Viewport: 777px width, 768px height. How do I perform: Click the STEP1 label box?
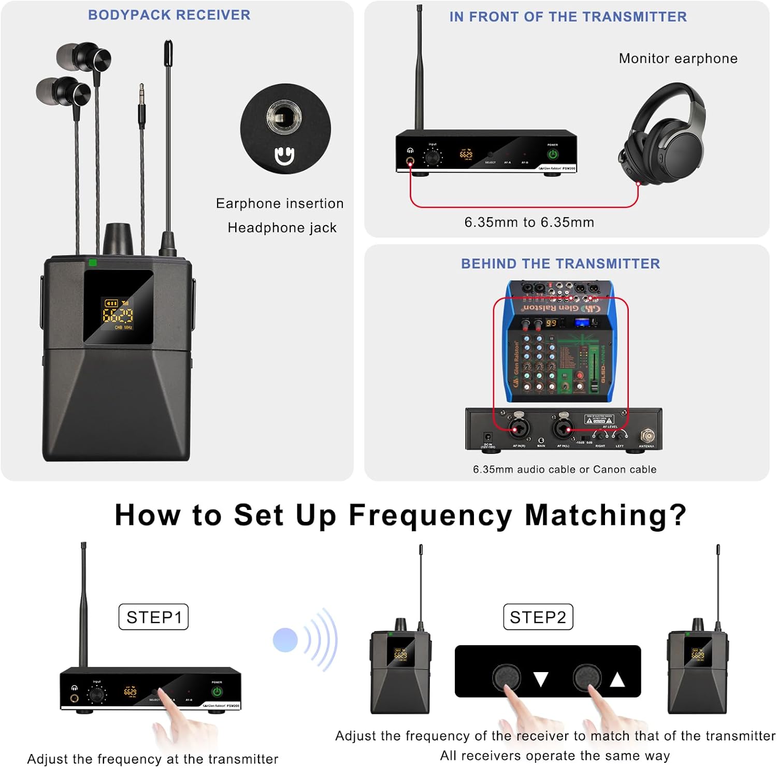point(153,617)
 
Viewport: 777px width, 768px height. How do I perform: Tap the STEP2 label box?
point(538,617)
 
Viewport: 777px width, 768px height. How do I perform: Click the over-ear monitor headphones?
point(663,135)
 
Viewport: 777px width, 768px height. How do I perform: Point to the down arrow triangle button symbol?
point(541,679)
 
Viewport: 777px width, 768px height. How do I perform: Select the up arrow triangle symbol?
point(617,679)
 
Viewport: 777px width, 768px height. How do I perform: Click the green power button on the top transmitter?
point(553,154)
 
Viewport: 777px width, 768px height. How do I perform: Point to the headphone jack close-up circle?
point(285,129)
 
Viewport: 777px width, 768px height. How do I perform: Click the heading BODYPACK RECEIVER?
point(169,15)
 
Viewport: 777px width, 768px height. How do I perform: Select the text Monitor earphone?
point(678,59)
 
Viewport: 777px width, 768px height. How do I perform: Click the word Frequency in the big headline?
point(430,515)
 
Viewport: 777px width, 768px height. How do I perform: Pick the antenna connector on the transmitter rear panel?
point(647,435)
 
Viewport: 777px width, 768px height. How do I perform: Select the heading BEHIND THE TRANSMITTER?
point(560,264)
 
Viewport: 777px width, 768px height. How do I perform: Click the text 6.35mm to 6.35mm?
point(529,222)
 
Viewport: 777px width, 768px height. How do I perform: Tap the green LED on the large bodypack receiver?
point(93,263)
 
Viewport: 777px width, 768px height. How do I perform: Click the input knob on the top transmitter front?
point(433,155)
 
